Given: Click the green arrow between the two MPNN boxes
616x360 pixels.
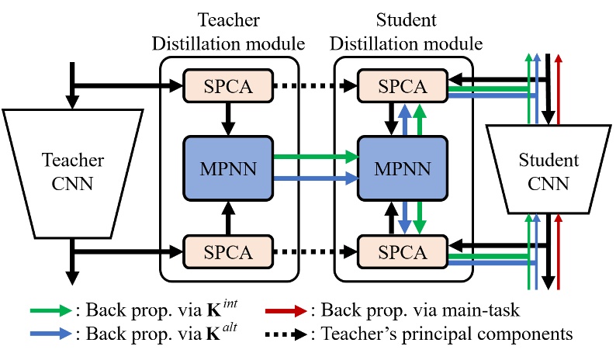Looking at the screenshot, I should tap(314, 156).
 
